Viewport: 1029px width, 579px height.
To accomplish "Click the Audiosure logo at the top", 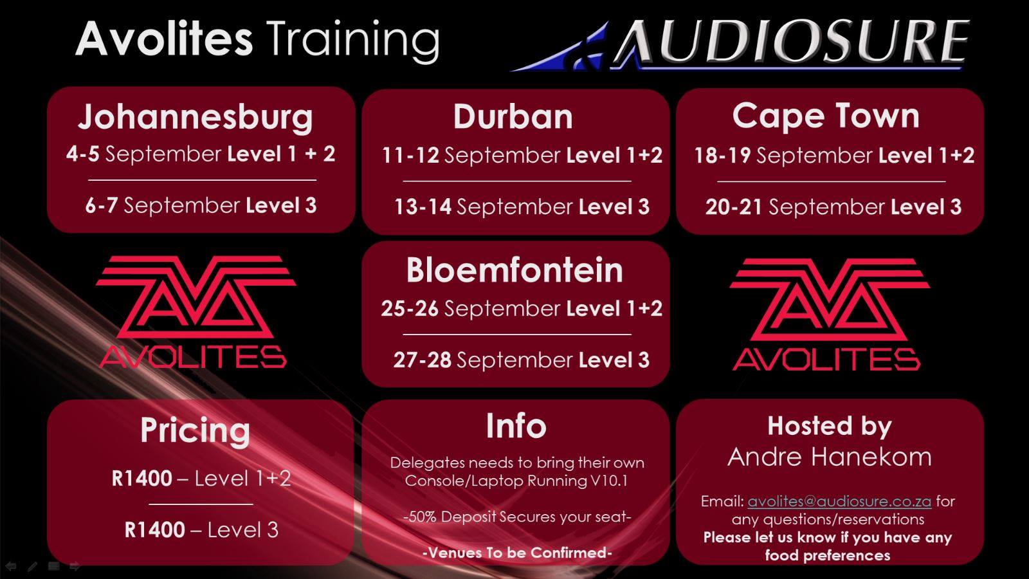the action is [x=740, y=45].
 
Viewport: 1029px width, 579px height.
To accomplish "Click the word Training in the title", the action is [x=353, y=41].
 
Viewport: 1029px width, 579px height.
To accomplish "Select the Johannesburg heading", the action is [x=196, y=117].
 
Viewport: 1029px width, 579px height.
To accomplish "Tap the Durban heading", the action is [x=513, y=116].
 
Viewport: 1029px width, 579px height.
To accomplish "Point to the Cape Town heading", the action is [x=826, y=116].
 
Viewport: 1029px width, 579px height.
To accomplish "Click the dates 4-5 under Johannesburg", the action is [x=83, y=154].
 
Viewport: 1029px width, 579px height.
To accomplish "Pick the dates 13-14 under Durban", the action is [x=423, y=207].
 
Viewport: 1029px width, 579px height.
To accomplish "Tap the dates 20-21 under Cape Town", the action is [x=734, y=207].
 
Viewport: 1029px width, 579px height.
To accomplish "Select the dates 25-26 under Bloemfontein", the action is [x=410, y=308].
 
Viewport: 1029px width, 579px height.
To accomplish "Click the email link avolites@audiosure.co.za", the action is [x=839, y=501].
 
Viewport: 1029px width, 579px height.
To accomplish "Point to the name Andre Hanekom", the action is [x=830, y=457].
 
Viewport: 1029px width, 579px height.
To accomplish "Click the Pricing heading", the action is [x=196, y=432].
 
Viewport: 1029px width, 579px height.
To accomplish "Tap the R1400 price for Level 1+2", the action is [x=142, y=479].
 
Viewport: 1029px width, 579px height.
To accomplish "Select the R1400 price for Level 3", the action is [x=155, y=530].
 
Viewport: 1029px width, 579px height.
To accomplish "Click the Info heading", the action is [x=516, y=426].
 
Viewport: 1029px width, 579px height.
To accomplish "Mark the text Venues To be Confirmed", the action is [x=517, y=553].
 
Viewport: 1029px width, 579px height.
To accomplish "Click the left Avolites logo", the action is [x=196, y=312].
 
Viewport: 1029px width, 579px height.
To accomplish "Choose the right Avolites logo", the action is [x=829, y=315].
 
